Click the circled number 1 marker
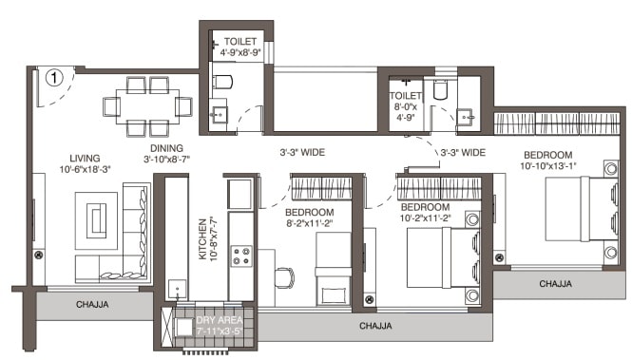(x=56, y=76)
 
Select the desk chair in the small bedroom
(x=282, y=277)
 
